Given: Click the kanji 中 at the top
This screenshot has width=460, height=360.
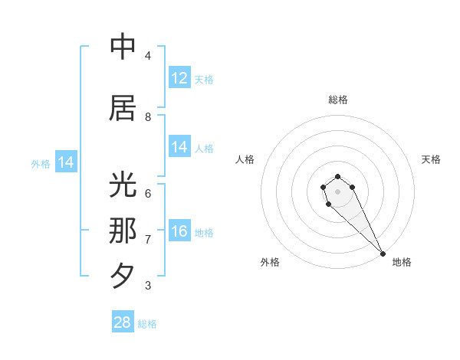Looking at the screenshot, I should pos(123,47).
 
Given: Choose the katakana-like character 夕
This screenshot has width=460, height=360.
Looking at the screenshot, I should pos(123,274).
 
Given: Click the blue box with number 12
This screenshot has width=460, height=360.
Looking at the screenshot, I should pos(179,78).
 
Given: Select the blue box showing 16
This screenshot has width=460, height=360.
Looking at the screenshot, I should pos(179,232).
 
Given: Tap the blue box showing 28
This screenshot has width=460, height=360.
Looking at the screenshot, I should pos(123,322).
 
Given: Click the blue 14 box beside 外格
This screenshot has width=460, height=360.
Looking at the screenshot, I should pos(66,162).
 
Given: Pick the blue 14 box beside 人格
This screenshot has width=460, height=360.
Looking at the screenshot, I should pos(179,147).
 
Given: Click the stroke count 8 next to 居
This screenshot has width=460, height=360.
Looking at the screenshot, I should pos(148,116).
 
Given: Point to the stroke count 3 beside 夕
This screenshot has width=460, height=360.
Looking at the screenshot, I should pos(148,286).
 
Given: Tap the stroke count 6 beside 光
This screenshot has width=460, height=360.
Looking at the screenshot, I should pos(148,193).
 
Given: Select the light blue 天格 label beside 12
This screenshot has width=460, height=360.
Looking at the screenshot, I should pos(204,79).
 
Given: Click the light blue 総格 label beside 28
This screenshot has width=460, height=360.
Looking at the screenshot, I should pos(147,324).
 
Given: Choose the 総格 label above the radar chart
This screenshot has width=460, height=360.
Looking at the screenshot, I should pos(337,100).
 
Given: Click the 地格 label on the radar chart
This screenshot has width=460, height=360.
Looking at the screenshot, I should pos(402,262).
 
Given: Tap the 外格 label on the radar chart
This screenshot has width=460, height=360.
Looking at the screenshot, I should pos(270,262).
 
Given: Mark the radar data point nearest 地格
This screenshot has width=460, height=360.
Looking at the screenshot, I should pos(383,254).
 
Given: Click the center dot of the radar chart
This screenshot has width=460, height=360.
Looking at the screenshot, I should pos(337,191).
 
